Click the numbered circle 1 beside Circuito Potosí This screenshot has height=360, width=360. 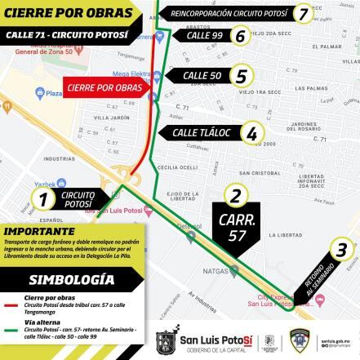(44, 198)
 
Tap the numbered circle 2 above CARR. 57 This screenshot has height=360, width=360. (236, 194)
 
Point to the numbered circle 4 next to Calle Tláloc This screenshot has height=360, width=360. (252, 133)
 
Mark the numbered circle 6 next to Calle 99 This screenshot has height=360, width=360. (238, 36)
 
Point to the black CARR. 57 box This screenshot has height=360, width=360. (236, 226)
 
